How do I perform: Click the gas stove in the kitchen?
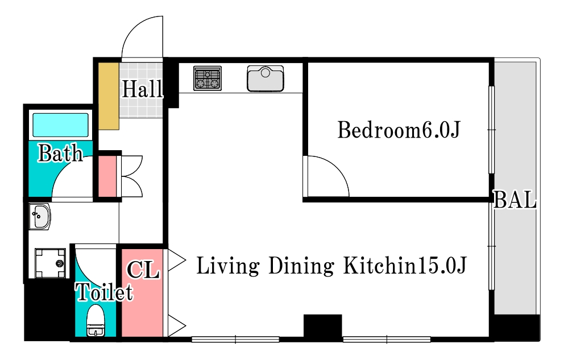(207, 78)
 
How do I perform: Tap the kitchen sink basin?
(266, 78)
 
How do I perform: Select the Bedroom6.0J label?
(398, 130)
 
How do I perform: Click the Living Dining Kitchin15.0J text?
(331, 266)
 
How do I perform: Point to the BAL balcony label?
(515, 200)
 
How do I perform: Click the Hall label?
(142, 89)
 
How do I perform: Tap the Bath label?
(60, 153)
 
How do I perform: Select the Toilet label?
(104, 292)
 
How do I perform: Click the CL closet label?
(143, 270)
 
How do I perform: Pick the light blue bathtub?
(60, 125)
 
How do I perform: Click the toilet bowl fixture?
(96, 321)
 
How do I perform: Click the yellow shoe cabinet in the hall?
(109, 96)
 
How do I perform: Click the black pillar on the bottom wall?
(322, 326)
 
